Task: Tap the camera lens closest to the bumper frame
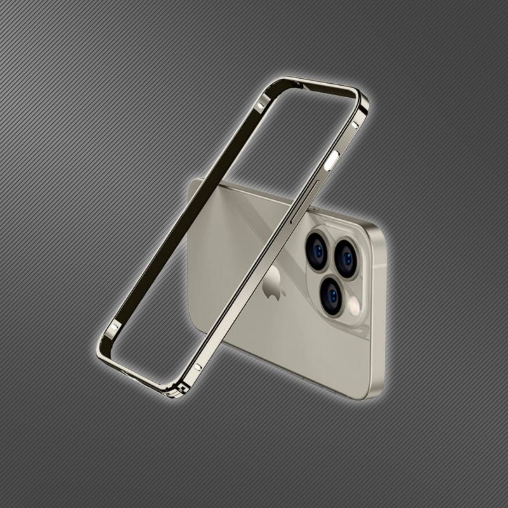pos(316,249)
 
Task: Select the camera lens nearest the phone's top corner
pos(346,257)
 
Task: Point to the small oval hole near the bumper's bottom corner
pos(199,366)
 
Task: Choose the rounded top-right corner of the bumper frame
pos(361,97)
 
